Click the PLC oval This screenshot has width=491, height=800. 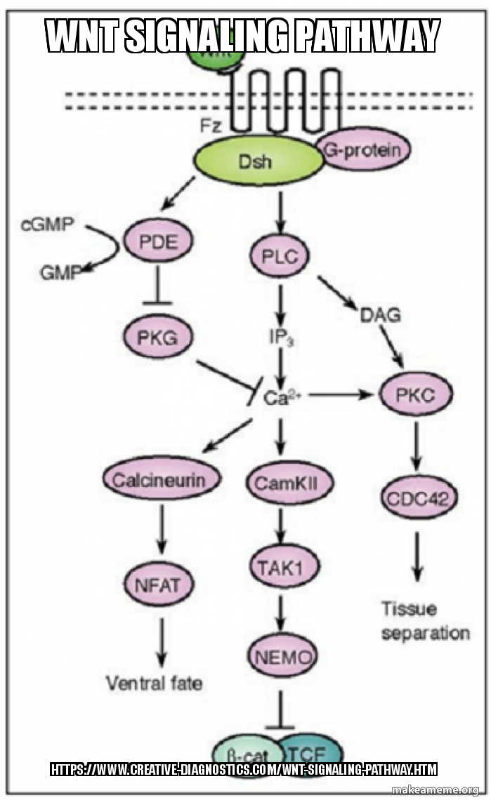(x=280, y=256)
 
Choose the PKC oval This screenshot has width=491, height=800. (x=417, y=395)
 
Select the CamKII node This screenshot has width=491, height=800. (x=281, y=483)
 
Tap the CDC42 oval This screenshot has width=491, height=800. (x=419, y=499)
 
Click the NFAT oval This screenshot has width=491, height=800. (x=159, y=584)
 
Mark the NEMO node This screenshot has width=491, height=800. (x=282, y=658)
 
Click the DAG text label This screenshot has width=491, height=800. (x=380, y=316)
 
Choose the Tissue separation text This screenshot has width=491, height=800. (x=425, y=621)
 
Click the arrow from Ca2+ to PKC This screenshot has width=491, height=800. (x=341, y=395)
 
